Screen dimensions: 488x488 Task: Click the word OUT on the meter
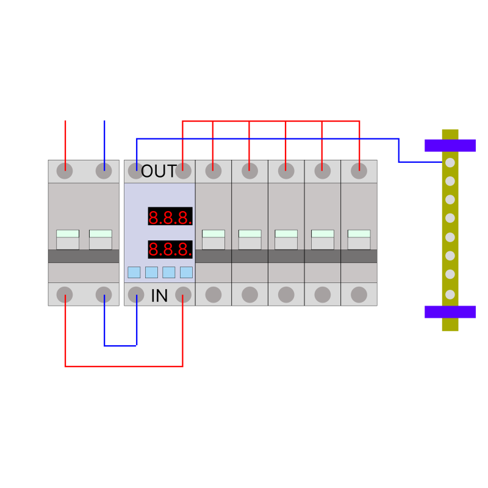pyautogui.click(x=159, y=171)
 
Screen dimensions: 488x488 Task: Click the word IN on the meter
pyautogui.click(x=159, y=296)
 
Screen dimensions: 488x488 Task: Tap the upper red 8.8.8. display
pyautogui.click(x=170, y=217)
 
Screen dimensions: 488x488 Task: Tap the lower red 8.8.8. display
pyautogui.click(x=170, y=249)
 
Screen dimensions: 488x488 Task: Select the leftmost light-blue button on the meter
pyautogui.click(x=134, y=272)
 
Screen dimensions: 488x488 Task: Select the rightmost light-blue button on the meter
pyautogui.click(x=186, y=272)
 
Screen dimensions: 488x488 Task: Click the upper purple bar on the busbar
pyautogui.click(x=450, y=146)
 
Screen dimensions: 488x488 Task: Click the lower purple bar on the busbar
pyautogui.click(x=450, y=312)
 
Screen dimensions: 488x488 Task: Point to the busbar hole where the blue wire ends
pyautogui.click(x=450, y=162)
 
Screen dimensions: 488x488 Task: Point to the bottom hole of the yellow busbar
pyautogui.click(x=450, y=295)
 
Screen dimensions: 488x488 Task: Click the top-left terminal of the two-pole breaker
pyautogui.click(x=65, y=171)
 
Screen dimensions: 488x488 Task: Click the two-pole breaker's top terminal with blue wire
pyautogui.click(x=104, y=171)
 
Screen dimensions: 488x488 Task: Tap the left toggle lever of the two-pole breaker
pyautogui.click(x=68, y=240)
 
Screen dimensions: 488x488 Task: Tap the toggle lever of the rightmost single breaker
pyautogui.click(x=359, y=240)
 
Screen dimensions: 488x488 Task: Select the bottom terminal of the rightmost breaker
pyautogui.click(x=359, y=295)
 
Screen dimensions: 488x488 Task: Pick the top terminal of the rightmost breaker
pyautogui.click(x=359, y=171)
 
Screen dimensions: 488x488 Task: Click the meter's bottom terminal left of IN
pyautogui.click(x=136, y=295)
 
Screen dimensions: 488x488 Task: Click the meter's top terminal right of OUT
pyautogui.click(x=184, y=171)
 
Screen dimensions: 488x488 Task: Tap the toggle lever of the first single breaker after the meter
pyautogui.click(x=213, y=240)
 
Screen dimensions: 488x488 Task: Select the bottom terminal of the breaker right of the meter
pyautogui.click(x=213, y=295)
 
